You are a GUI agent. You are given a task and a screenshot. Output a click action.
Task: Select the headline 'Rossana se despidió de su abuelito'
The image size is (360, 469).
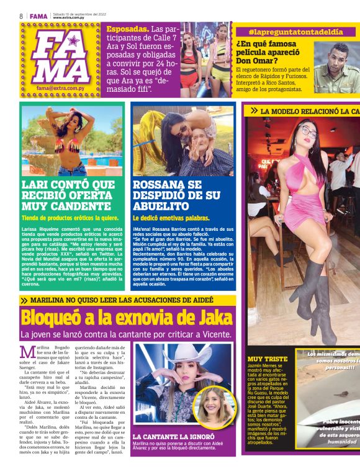(176, 195)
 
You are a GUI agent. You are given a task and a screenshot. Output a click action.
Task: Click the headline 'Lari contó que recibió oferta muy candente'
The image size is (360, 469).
(68, 195)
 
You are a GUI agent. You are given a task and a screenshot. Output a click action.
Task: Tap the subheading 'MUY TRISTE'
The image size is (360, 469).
(268, 359)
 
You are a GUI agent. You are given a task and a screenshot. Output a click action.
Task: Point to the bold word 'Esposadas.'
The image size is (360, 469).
(128, 29)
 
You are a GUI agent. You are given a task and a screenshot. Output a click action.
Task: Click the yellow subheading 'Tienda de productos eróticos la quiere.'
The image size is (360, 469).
(70, 218)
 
